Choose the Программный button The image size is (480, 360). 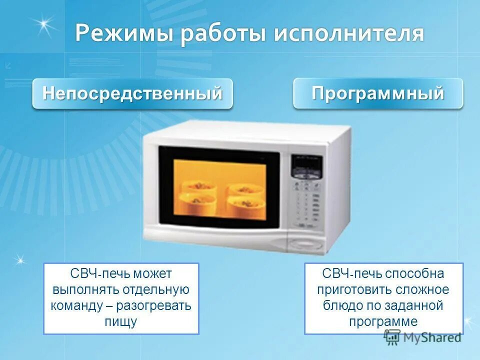coord(378,93)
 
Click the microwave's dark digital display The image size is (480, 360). coord(306,165)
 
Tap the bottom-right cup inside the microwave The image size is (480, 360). coord(244,202)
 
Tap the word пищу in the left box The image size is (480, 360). coord(121,321)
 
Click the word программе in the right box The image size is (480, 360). coord(383,321)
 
